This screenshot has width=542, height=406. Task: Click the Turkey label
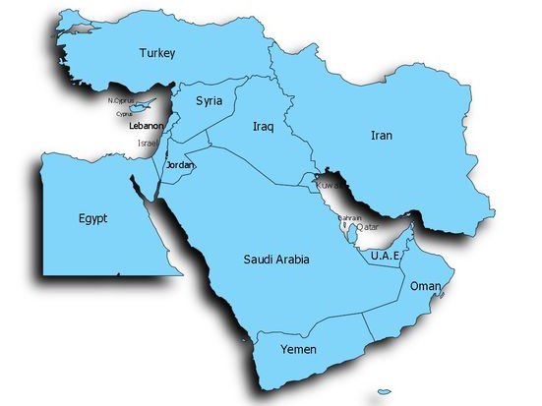157,53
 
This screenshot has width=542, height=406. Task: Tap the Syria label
209,101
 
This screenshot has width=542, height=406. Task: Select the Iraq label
262,127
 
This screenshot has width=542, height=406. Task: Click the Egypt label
92,218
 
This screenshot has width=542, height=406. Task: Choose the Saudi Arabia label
276,260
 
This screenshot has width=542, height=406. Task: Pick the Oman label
425,286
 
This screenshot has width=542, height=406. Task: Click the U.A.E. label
385,256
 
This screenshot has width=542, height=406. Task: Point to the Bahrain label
350,217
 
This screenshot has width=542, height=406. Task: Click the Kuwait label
330,185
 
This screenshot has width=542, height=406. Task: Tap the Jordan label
181,165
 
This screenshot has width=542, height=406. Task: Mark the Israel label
148,143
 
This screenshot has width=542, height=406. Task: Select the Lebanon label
146,126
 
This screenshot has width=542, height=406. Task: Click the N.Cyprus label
120,100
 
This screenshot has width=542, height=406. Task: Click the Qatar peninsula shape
355,233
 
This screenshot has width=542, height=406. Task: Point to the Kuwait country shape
317,181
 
